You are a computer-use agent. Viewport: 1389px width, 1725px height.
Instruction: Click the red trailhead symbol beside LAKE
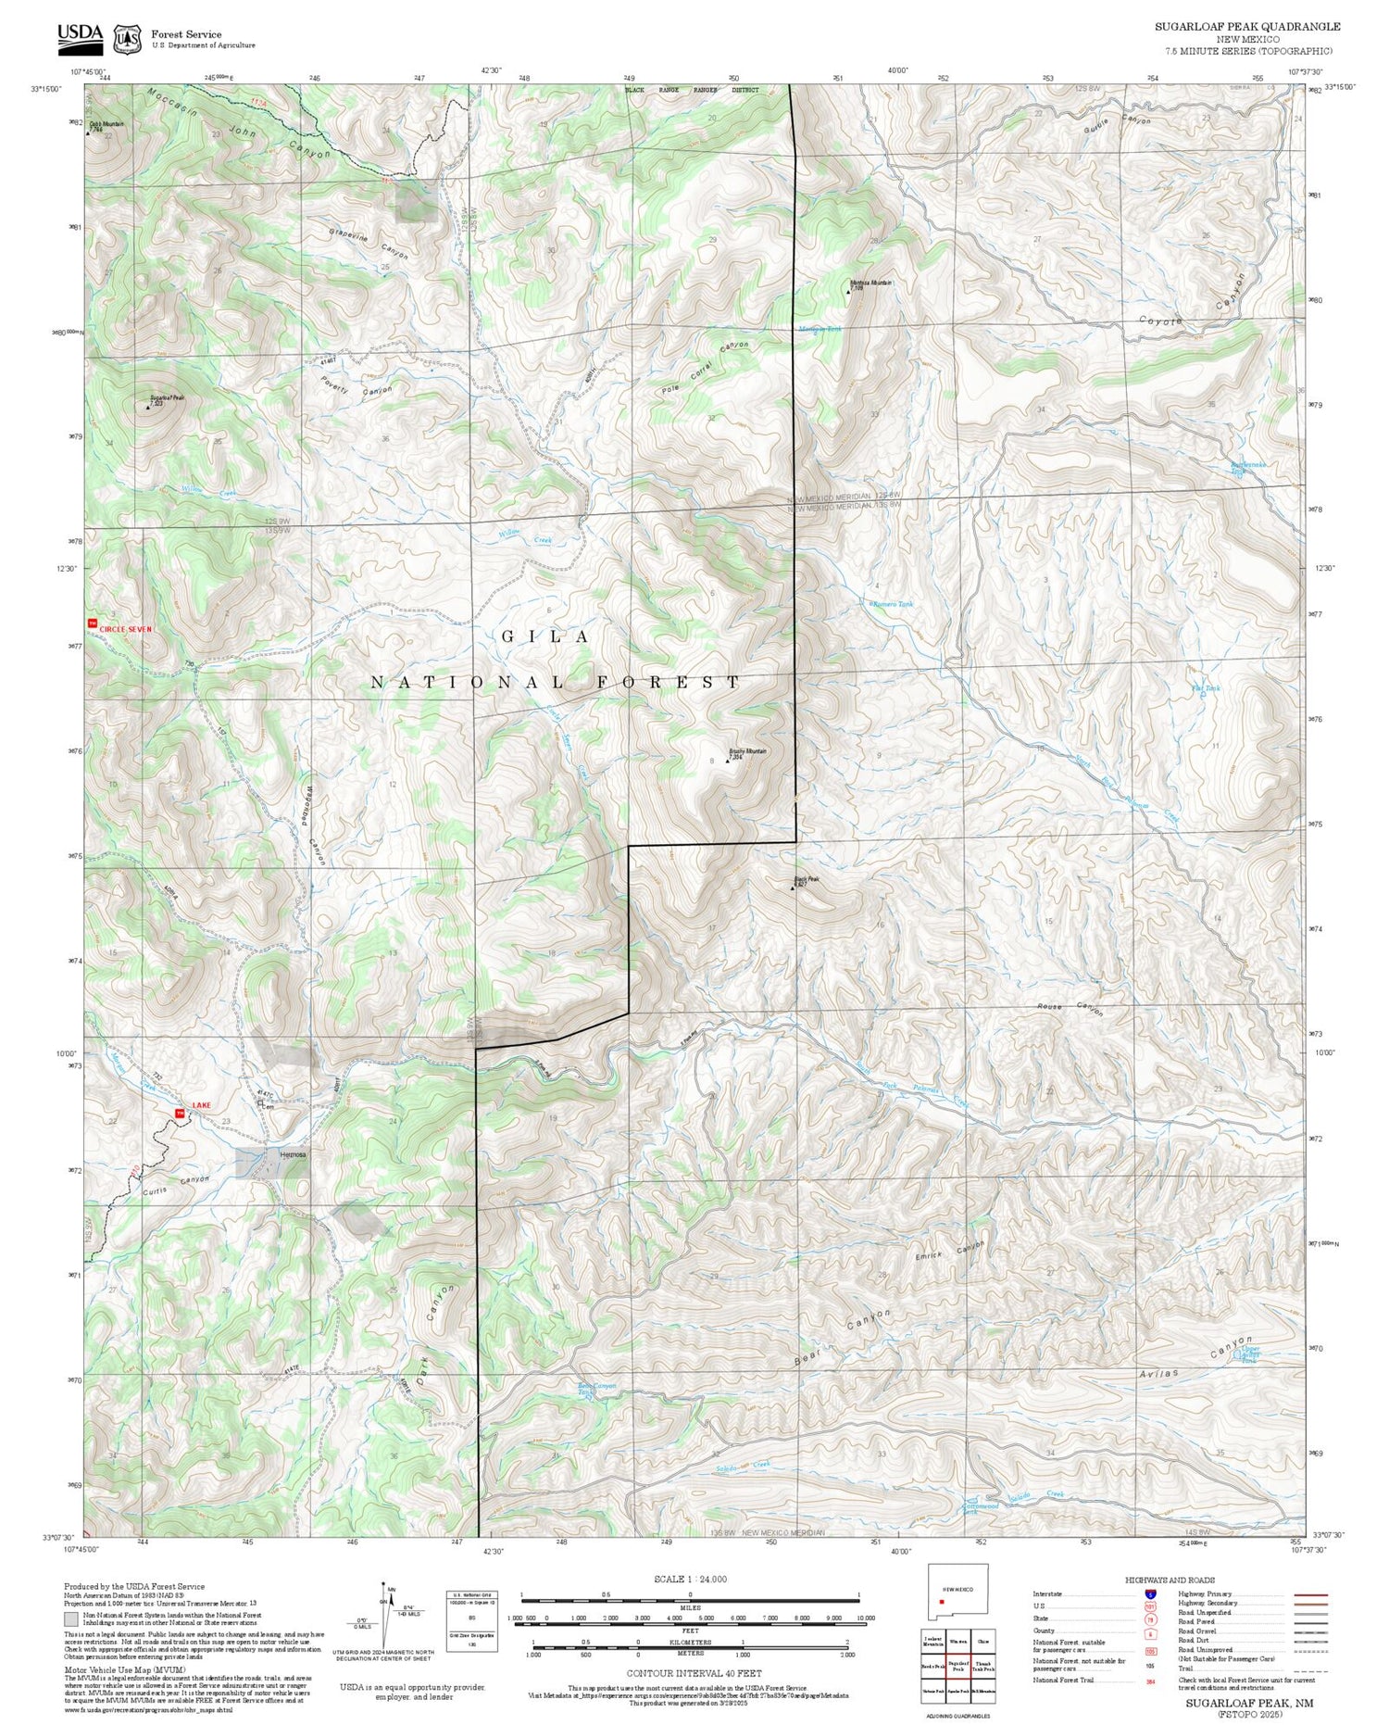pos(180,1113)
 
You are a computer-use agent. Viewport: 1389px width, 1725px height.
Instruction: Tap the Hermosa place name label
pos(293,1155)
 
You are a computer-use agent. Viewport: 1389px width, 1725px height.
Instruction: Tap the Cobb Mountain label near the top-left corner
pos(106,124)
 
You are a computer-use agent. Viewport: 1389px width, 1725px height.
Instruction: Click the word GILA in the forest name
pos(544,636)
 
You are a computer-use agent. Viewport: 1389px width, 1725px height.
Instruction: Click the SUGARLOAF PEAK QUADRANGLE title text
pos(1246,27)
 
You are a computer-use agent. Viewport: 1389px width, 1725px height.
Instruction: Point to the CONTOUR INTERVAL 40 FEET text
pos(694,1673)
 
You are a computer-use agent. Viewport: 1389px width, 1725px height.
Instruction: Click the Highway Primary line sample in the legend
pos(1306,1594)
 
